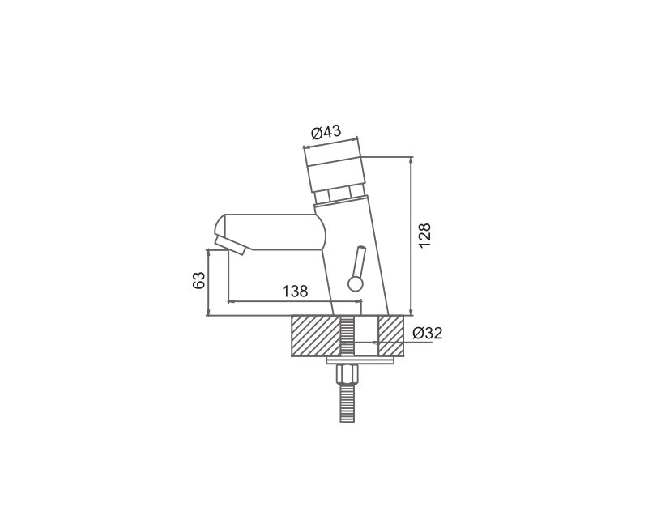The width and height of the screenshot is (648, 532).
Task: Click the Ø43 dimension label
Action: [x=326, y=132]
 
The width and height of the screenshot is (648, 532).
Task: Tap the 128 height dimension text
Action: [x=424, y=236]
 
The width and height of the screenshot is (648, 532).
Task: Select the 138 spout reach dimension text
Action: [x=295, y=292]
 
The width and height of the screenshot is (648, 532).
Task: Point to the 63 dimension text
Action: [x=198, y=280]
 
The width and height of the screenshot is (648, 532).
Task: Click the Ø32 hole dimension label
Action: [x=428, y=333]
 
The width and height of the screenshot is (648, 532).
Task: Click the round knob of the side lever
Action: [x=356, y=283]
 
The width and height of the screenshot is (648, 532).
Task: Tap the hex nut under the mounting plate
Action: [x=347, y=374]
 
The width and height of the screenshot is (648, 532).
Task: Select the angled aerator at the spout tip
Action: [x=229, y=246]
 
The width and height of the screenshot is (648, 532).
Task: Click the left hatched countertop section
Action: [x=316, y=335]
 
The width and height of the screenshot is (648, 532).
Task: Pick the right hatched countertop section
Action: [x=391, y=335]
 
